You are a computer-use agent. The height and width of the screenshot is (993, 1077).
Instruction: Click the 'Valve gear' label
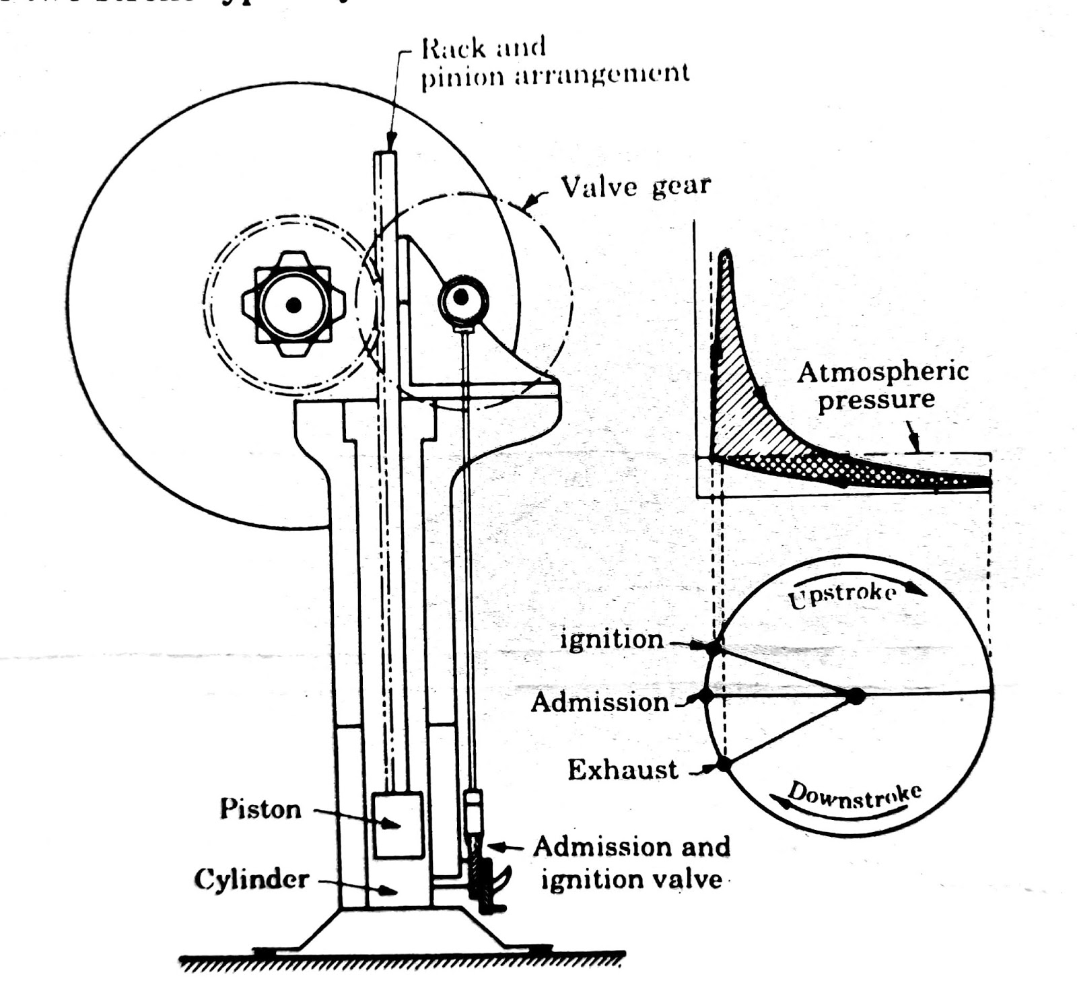[x=635, y=186]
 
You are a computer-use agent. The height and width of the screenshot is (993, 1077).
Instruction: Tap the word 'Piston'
[x=260, y=809]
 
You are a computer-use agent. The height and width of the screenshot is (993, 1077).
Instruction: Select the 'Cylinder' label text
[x=252, y=879]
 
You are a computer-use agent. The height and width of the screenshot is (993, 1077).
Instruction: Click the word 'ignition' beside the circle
[x=612, y=639]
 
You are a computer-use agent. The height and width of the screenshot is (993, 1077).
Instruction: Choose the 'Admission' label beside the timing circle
[x=600, y=702]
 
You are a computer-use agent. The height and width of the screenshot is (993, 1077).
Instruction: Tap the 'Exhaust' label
[x=623, y=769]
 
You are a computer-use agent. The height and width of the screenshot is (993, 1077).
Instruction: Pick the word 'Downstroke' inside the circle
[x=854, y=794]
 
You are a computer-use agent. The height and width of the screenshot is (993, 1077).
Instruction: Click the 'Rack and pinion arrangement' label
[x=555, y=62]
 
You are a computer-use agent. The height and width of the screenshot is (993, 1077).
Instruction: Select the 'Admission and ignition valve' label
[x=631, y=863]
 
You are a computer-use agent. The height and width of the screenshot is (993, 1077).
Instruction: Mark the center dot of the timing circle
[x=855, y=695]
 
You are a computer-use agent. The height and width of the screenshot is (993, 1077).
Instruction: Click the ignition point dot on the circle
[x=714, y=648]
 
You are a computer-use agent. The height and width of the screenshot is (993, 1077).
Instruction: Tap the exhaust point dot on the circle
[x=724, y=764]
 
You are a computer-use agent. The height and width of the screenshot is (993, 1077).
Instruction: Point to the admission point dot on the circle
[x=705, y=695]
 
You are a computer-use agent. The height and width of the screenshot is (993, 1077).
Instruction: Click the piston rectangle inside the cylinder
[x=398, y=825]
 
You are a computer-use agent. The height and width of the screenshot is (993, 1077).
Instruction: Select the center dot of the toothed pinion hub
[x=293, y=305]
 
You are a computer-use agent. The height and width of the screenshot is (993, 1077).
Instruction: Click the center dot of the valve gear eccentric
[x=462, y=297]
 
